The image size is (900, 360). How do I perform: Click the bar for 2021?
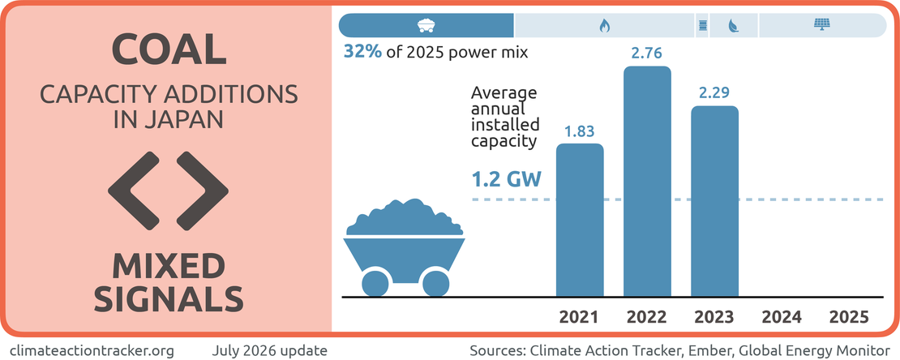(581, 220)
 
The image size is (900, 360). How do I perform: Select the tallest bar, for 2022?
(647, 182)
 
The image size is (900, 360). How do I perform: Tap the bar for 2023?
(714, 202)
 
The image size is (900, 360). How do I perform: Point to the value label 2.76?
(647, 54)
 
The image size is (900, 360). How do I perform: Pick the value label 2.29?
(714, 93)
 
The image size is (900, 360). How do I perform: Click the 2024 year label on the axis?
(782, 317)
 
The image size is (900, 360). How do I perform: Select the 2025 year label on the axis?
(849, 317)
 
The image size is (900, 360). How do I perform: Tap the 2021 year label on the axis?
(580, 317)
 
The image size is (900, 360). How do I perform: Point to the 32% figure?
(362, 52)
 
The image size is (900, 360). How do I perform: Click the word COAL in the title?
(168, 50)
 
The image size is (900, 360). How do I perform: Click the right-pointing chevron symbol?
(203, 189)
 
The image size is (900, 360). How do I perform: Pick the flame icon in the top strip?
(604, 25)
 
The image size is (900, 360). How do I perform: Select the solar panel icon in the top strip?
(821, 24)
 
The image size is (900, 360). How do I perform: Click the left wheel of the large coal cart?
(375, 282)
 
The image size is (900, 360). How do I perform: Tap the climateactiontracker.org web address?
(92, 349)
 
